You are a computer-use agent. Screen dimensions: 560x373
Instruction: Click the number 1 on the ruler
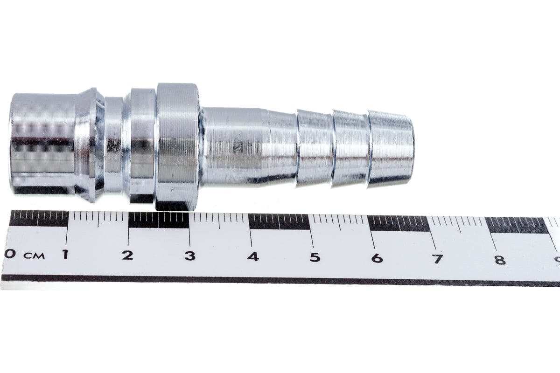pos(65,254)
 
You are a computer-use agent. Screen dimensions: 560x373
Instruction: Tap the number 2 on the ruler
pos(127,256)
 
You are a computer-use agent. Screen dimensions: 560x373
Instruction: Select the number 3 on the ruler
pos(190,256)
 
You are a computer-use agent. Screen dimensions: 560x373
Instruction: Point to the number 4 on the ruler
pos(253,256)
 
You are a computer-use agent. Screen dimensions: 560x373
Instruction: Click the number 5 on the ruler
pos(315,257)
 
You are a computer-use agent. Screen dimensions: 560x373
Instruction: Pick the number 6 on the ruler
pos(377,258)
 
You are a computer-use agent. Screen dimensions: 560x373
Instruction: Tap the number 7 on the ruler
pos(437,259)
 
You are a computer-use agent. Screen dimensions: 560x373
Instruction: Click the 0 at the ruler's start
pos(9,254)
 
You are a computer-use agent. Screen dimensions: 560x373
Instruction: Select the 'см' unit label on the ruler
pos(35,256)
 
